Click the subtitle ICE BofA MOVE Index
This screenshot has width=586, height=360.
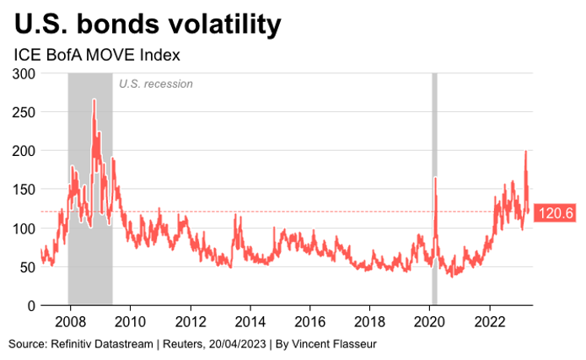click(98, 55)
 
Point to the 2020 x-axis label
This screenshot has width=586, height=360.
click(430, 321)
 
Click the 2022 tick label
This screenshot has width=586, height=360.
click(491, 321)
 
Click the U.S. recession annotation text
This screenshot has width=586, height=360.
click(156, 83)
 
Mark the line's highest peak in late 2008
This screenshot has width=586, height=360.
click(94, 99)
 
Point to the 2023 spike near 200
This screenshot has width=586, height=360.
click(526, 152)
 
